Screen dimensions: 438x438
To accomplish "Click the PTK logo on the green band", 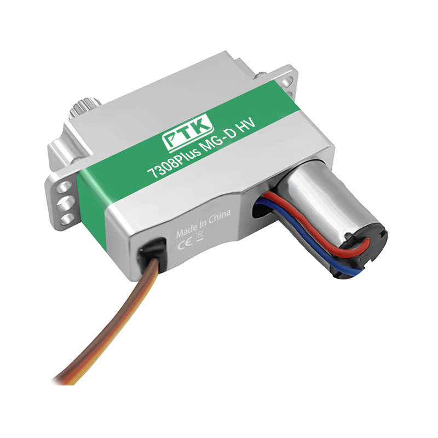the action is pyautogui.click(x=188, y=134).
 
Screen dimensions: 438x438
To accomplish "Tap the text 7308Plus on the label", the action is pyautogui.click(x=175, y=163).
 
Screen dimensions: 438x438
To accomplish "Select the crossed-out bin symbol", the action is pyautogui.click(x=200, y=235).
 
